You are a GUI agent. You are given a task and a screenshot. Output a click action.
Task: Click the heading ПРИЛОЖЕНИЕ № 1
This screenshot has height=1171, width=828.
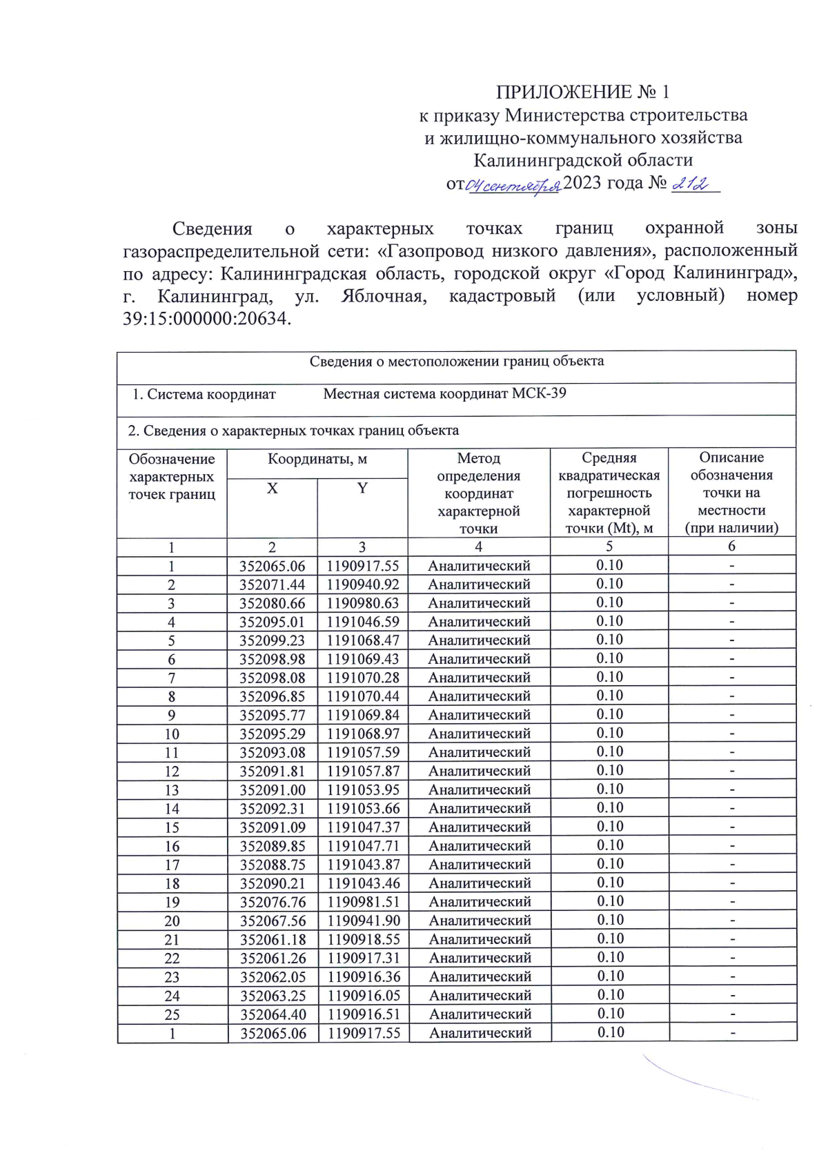point(582,92)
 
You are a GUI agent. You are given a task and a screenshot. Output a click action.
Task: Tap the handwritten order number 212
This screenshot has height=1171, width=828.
point(691,184)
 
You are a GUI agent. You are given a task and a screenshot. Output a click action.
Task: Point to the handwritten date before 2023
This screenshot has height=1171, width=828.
point(513,186)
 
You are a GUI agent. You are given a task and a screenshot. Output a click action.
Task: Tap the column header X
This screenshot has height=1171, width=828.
point(272,489)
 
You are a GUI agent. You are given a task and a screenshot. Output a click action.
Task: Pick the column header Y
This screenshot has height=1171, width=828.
point(362,489)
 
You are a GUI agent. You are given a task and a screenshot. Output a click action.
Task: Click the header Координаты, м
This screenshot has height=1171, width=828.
point(317,459)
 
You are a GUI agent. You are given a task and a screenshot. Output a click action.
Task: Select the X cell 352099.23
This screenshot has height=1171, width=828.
point(272,640)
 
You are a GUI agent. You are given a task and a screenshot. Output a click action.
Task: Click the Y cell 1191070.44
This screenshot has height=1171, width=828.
point(363,696)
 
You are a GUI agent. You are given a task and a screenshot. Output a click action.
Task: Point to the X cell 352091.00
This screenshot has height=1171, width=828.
point(272,790)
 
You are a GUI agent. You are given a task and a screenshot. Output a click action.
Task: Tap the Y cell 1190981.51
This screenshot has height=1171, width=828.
point(364,902)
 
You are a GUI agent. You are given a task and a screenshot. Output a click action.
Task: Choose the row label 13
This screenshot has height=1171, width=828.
point(172,790)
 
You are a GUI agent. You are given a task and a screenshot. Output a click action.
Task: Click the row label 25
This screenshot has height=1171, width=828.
point(172,1014)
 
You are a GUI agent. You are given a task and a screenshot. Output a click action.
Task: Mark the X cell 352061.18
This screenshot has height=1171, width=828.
point(273,939)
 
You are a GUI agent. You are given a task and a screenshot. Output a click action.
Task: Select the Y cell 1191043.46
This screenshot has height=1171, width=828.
point(364,883)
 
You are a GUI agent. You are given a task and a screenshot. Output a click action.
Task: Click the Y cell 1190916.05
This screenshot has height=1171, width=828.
point(364,996)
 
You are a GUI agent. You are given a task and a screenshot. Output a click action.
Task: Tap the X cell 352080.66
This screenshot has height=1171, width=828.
point(272,603)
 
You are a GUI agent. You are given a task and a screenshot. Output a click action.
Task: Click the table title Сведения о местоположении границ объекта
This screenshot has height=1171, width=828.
point(456,362)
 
